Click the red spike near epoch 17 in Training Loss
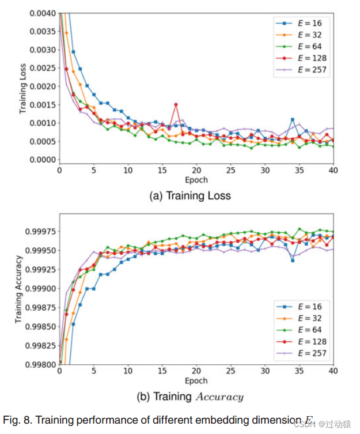tap(176, 104)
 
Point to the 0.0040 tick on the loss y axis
tap(43, 13)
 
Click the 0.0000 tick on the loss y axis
tap(43, 160)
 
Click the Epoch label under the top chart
tap(196, 180)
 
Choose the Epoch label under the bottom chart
tap(196, 381)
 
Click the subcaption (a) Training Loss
tap(190, 196)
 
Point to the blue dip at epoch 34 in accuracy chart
tap(293, 261)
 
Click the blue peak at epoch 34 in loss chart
tap(293, 119)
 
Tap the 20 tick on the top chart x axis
tap(196, 171)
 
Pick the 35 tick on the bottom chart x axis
tap(299, 371)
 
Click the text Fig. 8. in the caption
tap(19, 420)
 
